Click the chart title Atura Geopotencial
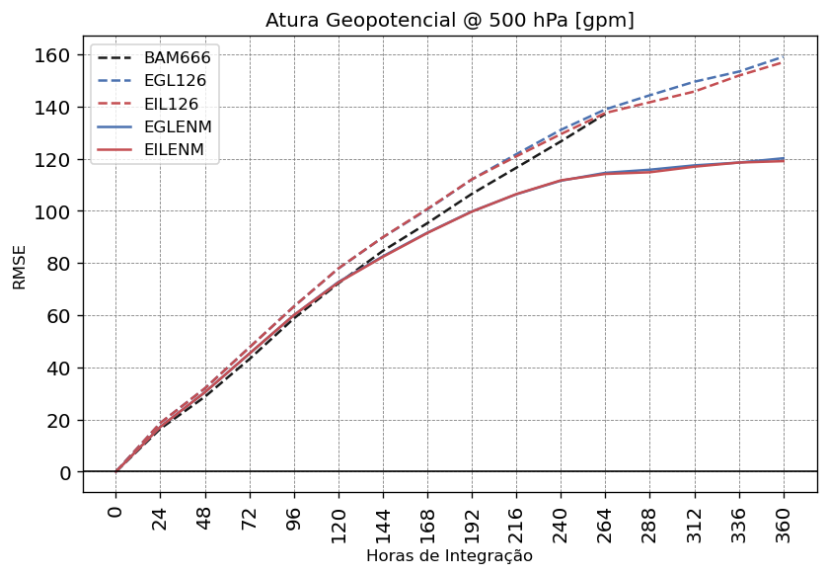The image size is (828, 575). (449, 21)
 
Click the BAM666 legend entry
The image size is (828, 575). (177, 58)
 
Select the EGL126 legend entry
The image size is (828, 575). (177, 81)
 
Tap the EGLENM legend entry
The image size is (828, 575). (178, 126)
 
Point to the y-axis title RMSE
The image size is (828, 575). (20, 267)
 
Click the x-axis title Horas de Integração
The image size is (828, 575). (449, 556)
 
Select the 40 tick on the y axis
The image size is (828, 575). (59, 369)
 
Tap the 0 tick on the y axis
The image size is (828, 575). (65, 472)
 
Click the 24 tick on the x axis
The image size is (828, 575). (161, 518)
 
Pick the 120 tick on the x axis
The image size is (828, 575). (339, 522)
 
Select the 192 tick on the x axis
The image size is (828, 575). (472, 522)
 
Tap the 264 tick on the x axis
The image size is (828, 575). (605, 522)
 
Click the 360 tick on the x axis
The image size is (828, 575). (784, 522)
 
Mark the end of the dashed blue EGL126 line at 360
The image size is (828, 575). (784, 56)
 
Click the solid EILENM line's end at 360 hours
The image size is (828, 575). (784, 160)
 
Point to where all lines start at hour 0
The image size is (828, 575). (116, 472)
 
